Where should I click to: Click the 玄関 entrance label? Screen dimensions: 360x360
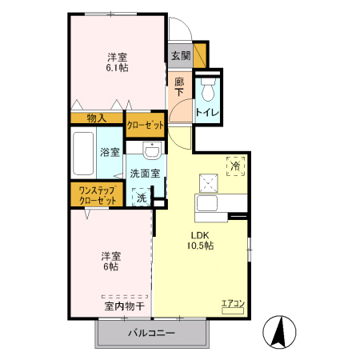pyautogui.click(x=180, y=56)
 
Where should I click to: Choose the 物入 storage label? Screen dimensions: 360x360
pyautogui.click(x=95, y=118)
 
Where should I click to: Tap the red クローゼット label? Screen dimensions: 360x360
pyautogui.click(x=146, y=125)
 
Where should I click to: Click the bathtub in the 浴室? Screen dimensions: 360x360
pyautogui.click(x=83, y=155)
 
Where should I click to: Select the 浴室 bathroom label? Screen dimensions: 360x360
pyautogui.click(x=110, y=152)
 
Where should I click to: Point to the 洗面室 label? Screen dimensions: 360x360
pyautogui.click(x=145, y=174)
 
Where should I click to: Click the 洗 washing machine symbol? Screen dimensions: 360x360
pyautogui.click(x=141, y=197)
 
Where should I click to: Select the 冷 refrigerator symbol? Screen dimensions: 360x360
pyautogui.click(x=236, y=166)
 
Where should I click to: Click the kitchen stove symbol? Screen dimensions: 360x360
pyautogui.click(x=210, y=184)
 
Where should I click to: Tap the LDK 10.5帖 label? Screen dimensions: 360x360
pyautogui.click(x=201, y=240)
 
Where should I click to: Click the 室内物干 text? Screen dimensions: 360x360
pyautogui.click(x=124, y=306)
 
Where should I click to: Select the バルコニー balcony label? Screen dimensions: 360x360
pyautogui.click(x=152, y=334)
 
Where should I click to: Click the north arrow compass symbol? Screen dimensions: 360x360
pyautogui.click(x=280, y=332)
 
